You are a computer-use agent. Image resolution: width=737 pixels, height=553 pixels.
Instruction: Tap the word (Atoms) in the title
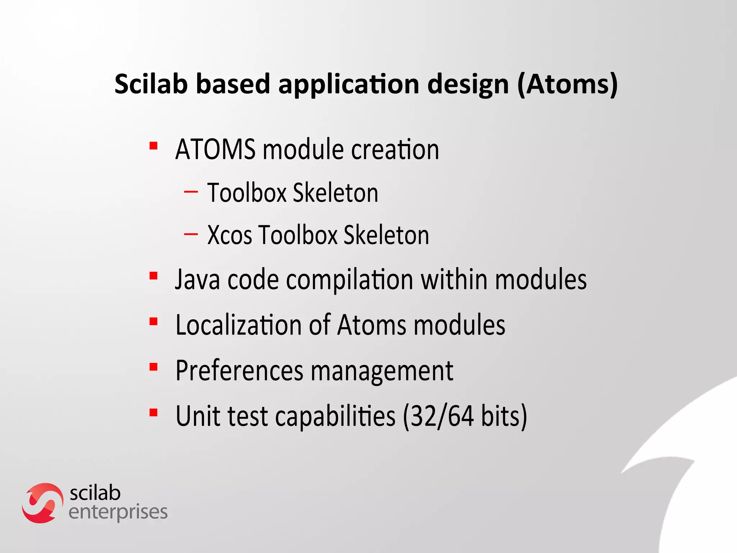click(568, 84)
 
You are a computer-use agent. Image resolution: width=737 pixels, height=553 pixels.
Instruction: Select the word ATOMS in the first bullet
click(215, 149)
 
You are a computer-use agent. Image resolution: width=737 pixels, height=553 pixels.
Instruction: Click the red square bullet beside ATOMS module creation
click(154, 146)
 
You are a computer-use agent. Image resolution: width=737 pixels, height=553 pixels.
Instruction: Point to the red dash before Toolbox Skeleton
click(191, 192)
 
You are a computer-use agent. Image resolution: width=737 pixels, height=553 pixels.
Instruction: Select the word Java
click(197, 280)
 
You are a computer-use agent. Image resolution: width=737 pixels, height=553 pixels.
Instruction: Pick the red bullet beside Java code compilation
click(154, 276)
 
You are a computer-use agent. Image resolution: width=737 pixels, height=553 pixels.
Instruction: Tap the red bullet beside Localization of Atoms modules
click(154, 322)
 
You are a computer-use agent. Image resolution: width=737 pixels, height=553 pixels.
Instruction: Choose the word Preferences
click(239, 371)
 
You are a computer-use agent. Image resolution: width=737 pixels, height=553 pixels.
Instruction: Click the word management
click(382, 372)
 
